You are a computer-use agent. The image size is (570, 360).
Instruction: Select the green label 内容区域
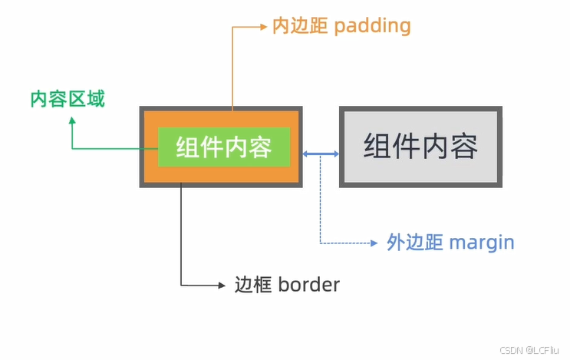[68, 99]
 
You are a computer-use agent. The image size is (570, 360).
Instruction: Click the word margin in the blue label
[481, 243]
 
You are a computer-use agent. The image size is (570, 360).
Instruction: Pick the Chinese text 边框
[252, 285]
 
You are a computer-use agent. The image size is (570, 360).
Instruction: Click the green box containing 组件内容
[224, 147]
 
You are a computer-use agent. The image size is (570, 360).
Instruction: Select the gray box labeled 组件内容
[421, 147]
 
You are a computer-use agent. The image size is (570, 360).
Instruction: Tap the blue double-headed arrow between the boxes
[321, 155]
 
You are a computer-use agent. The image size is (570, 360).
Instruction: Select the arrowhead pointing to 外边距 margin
[374, 243]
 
